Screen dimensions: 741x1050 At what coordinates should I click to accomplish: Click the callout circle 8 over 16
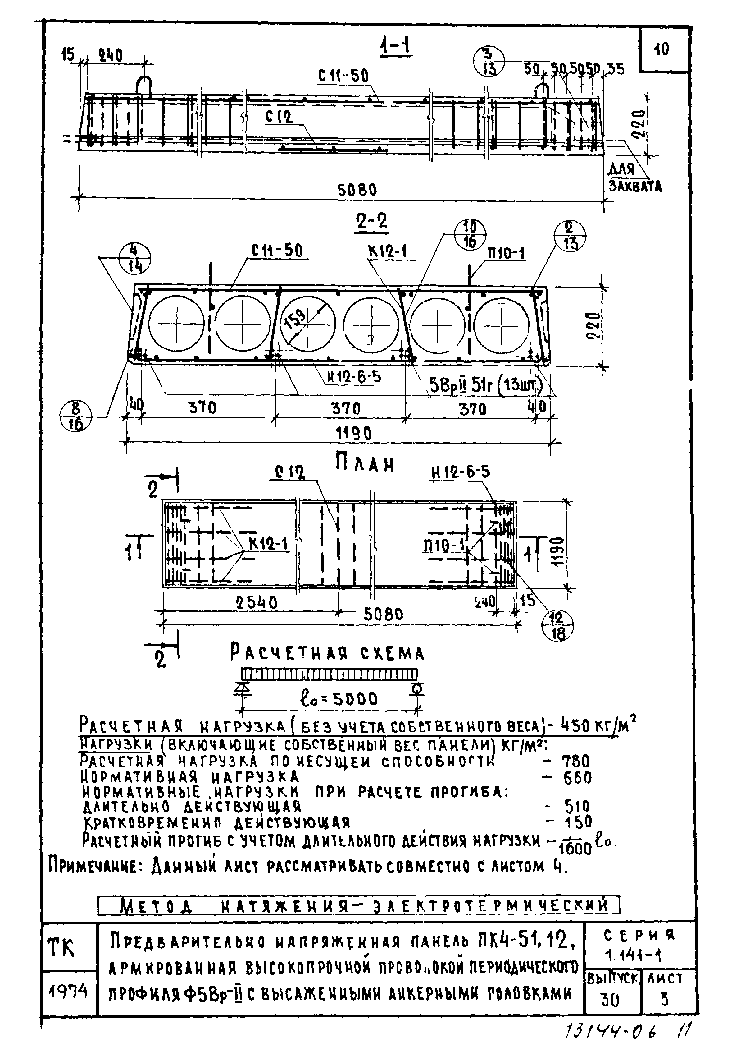coord(76,417)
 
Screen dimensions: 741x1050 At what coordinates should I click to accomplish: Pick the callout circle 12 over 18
coord(558,626)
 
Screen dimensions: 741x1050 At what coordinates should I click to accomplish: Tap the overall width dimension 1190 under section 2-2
coord(354,433)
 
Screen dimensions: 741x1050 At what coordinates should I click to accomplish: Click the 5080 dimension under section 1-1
coord(357,189)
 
